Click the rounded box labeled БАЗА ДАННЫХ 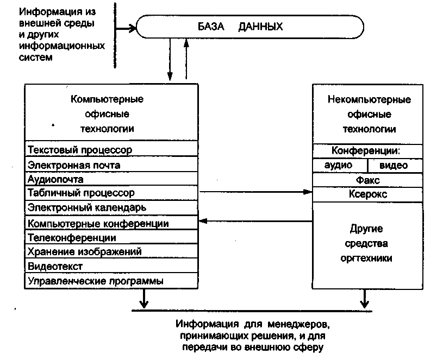point(251,27)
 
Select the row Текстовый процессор point(111,149)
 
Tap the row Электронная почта point(111,165)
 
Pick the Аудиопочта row point(111,179)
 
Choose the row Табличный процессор point(111,193)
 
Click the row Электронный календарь point(111,207)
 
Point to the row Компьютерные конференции point(111,223)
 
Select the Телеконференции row point(111,238)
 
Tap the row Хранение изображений point(111,252)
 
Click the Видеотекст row point(111,266)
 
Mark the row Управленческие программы point(111,281)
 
